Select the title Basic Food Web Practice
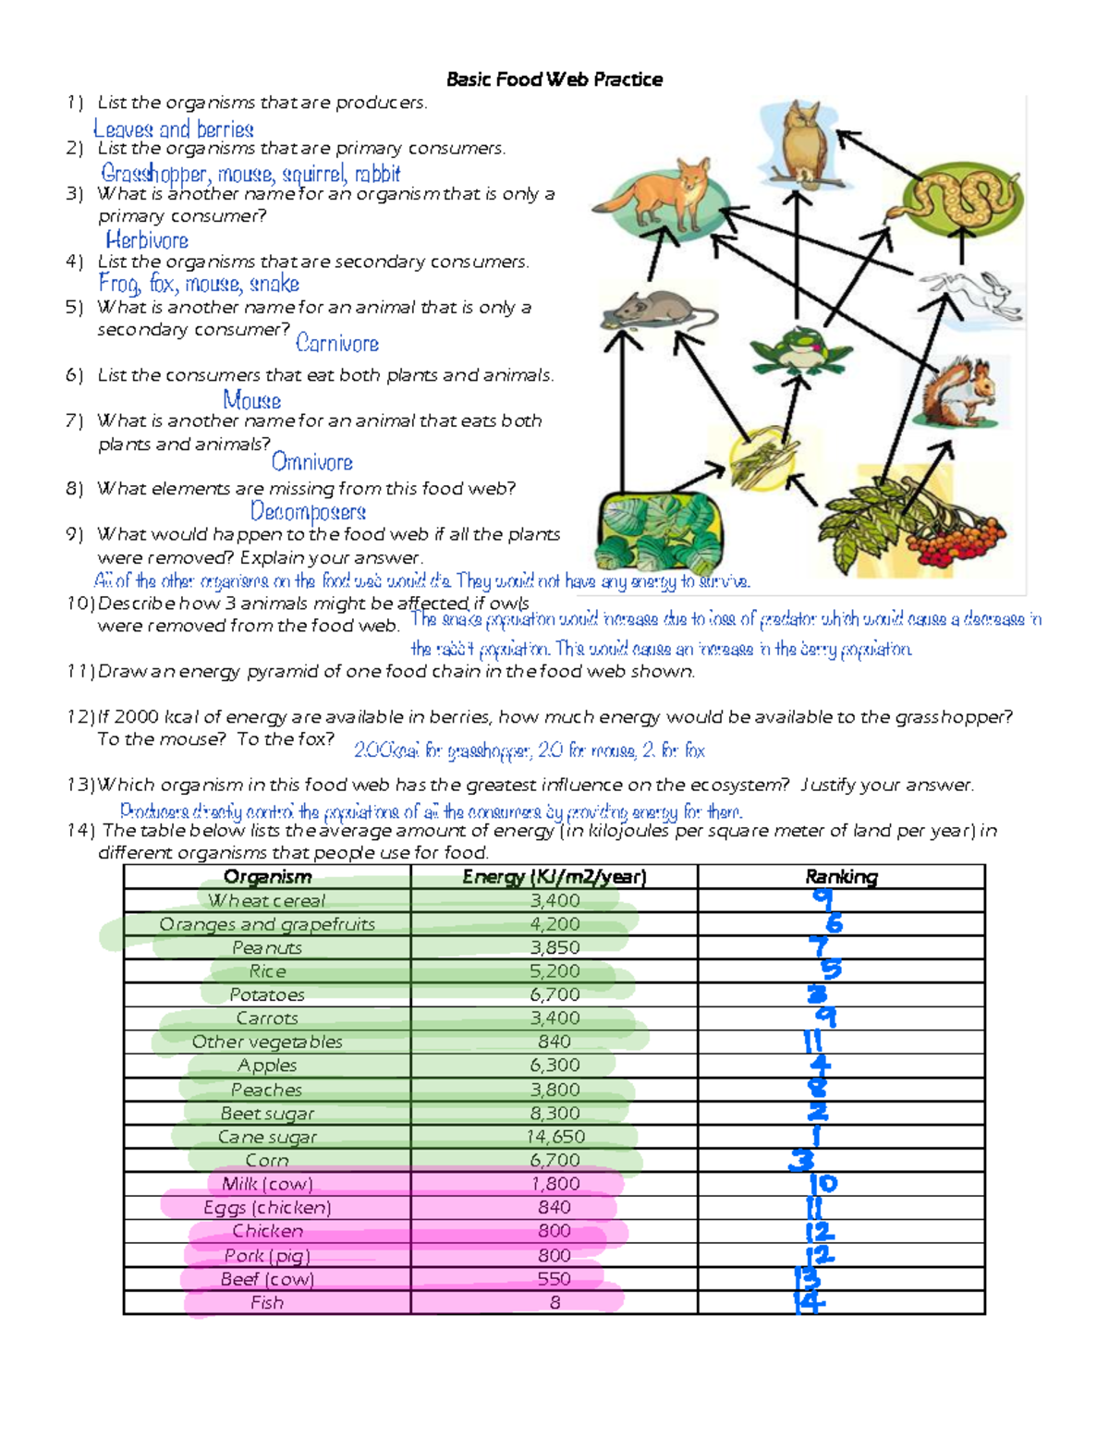click(554, 79)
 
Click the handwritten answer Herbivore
click(147, 241)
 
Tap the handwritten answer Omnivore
click(312, 462)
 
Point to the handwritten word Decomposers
click(308, 511)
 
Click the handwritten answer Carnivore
click(337, 344)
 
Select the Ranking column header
click(841, 877)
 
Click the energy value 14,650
click(555, 1137)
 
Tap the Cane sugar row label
click(267, 1137)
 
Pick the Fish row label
click(267, 1302)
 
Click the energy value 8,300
click(555, 1114)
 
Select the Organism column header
click(267, 877)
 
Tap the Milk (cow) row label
click(267, 1184)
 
